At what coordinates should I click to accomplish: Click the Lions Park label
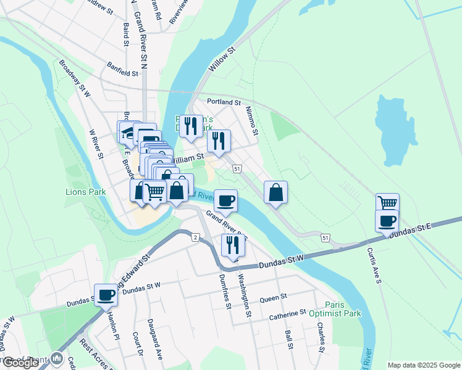point(86,192)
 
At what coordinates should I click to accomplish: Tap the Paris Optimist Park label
point(343,309)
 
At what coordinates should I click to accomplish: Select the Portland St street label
point(224,102)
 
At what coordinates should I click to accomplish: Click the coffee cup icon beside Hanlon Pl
point(106,294)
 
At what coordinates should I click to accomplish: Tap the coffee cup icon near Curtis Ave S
point(387,221)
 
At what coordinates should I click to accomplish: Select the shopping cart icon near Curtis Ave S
point(387,202)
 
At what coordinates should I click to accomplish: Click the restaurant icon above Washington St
point(233,244)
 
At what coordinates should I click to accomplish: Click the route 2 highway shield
point(195,237)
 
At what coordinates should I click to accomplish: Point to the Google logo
point(21,363)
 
